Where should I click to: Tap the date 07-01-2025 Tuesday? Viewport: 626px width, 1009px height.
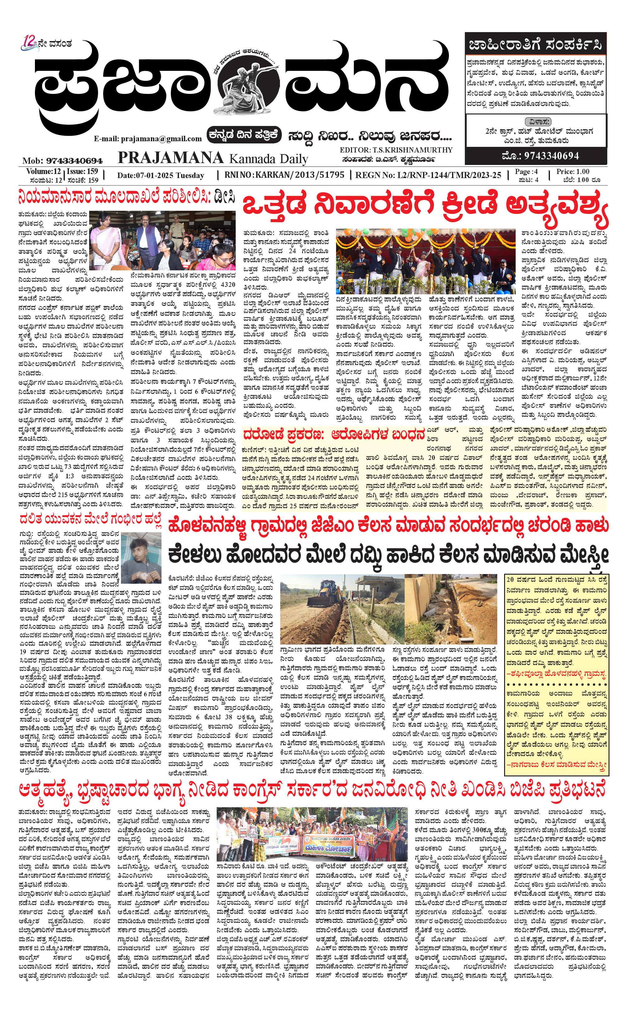pos(160,175)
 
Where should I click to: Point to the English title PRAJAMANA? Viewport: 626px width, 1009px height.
pos(170,158)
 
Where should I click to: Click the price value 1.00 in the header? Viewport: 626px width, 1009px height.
pos(583,171)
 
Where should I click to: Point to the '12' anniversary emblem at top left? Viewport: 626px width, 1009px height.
pos(30,43)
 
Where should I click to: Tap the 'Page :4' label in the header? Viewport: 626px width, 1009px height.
pos(526,171)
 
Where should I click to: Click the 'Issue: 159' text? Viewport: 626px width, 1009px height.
pos(83,171)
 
